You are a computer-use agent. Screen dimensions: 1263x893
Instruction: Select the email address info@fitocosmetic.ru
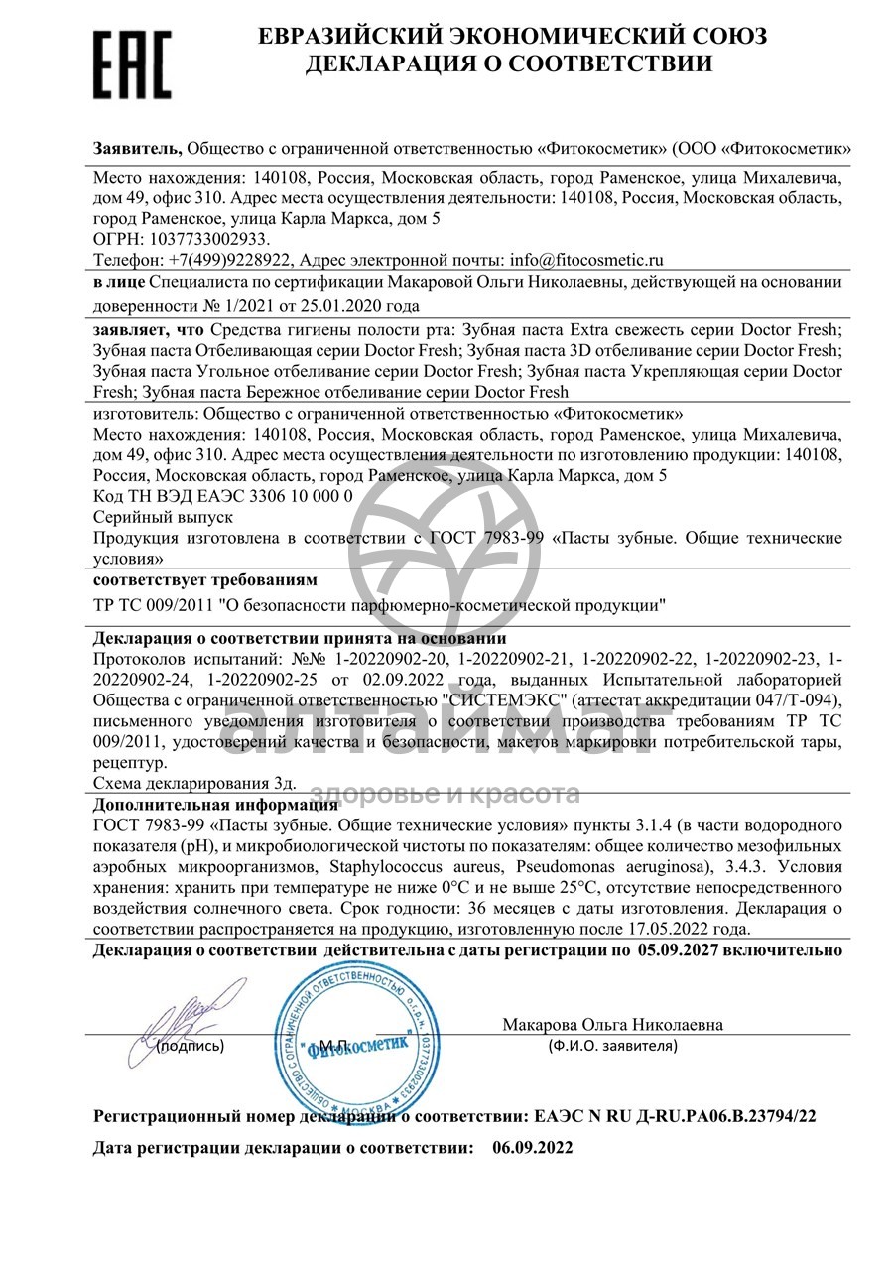point(586,259)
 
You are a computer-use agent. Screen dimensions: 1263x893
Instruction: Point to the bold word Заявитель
point(137,147)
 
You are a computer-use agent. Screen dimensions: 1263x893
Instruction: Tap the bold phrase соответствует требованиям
point(205,578)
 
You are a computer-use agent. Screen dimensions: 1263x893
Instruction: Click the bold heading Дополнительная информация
point(215,804)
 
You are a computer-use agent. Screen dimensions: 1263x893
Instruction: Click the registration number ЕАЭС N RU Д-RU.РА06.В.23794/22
point(675,1116)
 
